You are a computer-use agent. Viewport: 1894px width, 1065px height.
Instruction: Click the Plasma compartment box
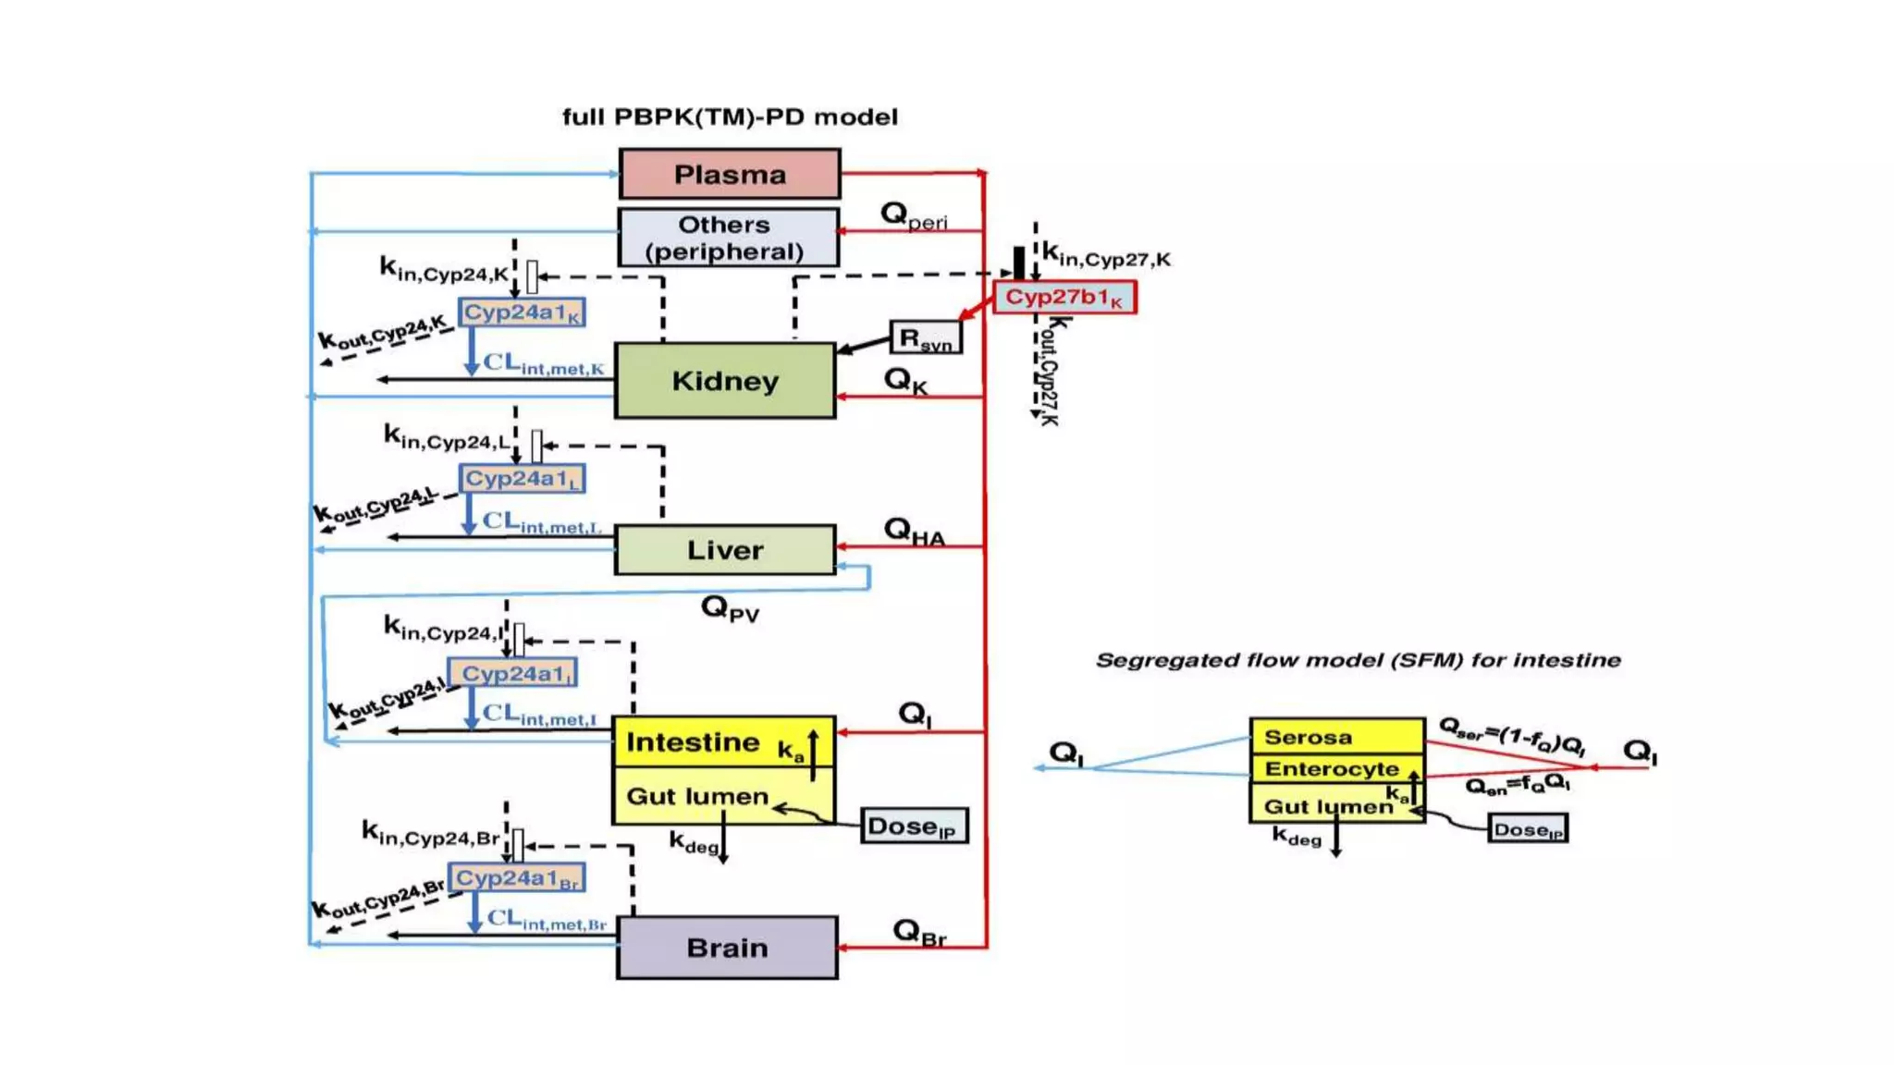pyautogui.click(x=729, y=174)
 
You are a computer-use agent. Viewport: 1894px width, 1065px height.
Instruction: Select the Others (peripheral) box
pyautogui.click(x=728, y=238)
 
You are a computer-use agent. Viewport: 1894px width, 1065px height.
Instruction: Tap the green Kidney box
pyautogui.click(x=725, y=381)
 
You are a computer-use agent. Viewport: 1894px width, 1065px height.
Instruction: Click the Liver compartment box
pyautogui.click(x=725, y=550)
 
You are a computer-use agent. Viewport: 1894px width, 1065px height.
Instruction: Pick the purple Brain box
pyautogui.click(x=727, y=948)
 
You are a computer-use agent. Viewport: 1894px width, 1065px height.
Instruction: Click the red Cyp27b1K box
pyautogui.click(x=1064, y=298)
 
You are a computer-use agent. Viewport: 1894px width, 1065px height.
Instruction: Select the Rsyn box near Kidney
pyautogui.click(x=925, y=338)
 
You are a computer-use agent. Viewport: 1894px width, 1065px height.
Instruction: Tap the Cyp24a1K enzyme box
pyautogui.click(x=522, y=312)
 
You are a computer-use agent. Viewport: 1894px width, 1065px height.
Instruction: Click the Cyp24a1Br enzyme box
pyautogui.click(x=516, y=878)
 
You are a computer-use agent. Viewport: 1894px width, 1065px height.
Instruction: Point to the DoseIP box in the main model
pyautogui.click(x=914, y=826)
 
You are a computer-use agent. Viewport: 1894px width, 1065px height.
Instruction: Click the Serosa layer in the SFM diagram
pyautogui.click(x=1335, y=737)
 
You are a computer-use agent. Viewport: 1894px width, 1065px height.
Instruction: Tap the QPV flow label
pyautogui.click(x=730, y=608)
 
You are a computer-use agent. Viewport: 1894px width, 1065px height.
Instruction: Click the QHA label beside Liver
pyautogui.click(x=914, y=532)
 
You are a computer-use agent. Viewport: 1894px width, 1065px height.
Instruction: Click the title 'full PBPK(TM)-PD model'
pyautogui.click(x=730, y=117)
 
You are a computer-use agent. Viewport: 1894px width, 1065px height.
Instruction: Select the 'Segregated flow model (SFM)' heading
pyautogui.click(x=1358, y=660)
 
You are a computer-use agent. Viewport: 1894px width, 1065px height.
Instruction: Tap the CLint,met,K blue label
pyautogui.click(x=543, y=364)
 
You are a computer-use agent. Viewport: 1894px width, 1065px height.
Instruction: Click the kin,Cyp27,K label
pyautogui.click(x=1106, y=254)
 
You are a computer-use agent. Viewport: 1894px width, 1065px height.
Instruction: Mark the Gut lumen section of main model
pyautogui.click(x=697, y=797)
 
